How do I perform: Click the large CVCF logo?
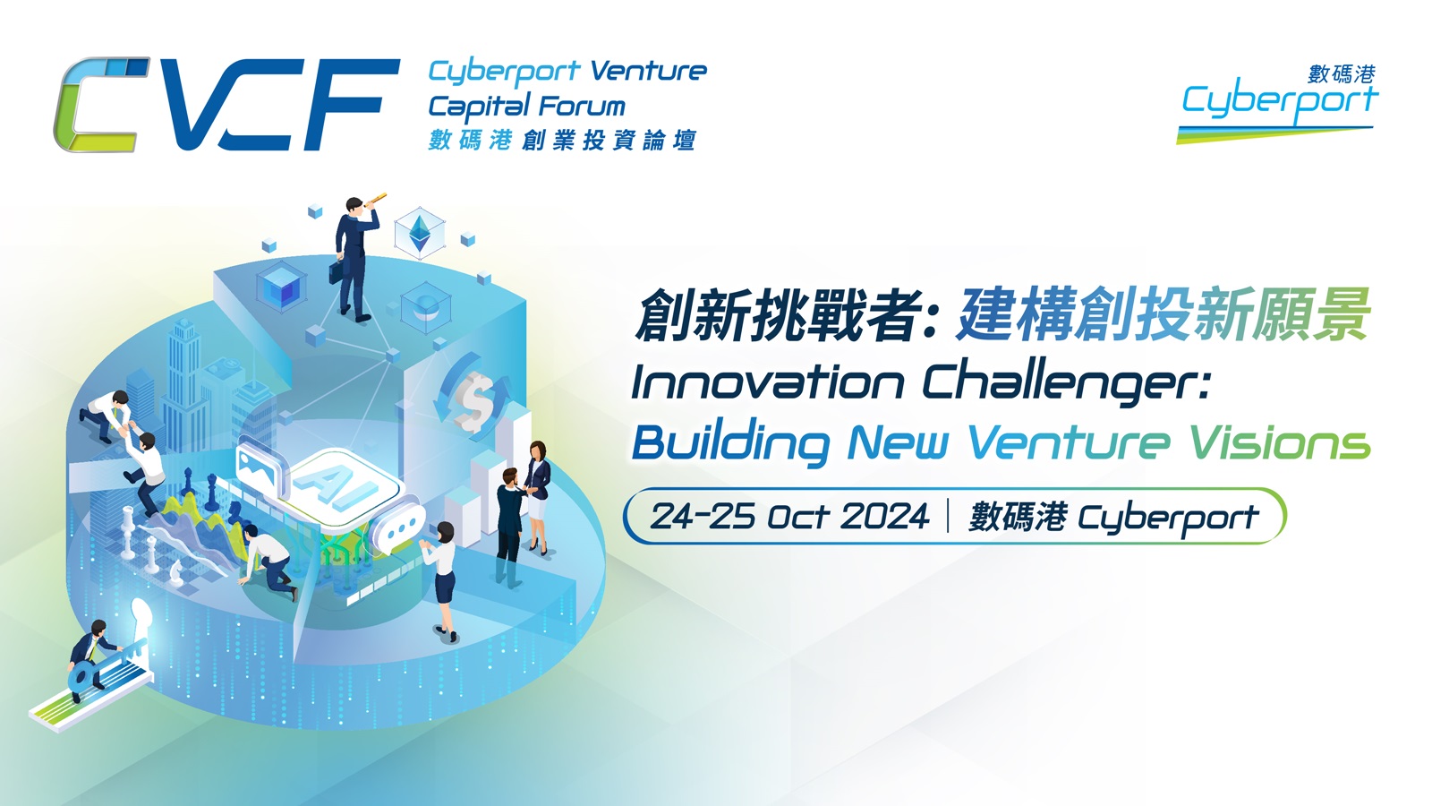pos(227,105)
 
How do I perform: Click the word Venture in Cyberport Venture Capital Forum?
pos(648,71)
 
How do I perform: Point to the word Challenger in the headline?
pos(1066,384)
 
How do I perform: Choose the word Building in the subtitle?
pos(731,443)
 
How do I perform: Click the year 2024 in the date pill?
pos(884,516)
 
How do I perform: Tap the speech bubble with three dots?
pos(399,525)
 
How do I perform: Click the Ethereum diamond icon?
pos(420,233)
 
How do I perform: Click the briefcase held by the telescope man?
pos(336,272)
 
